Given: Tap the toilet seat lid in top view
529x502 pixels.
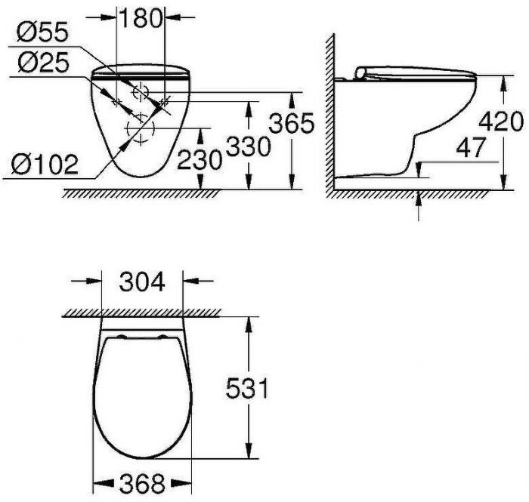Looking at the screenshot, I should (x=140, y=393).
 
